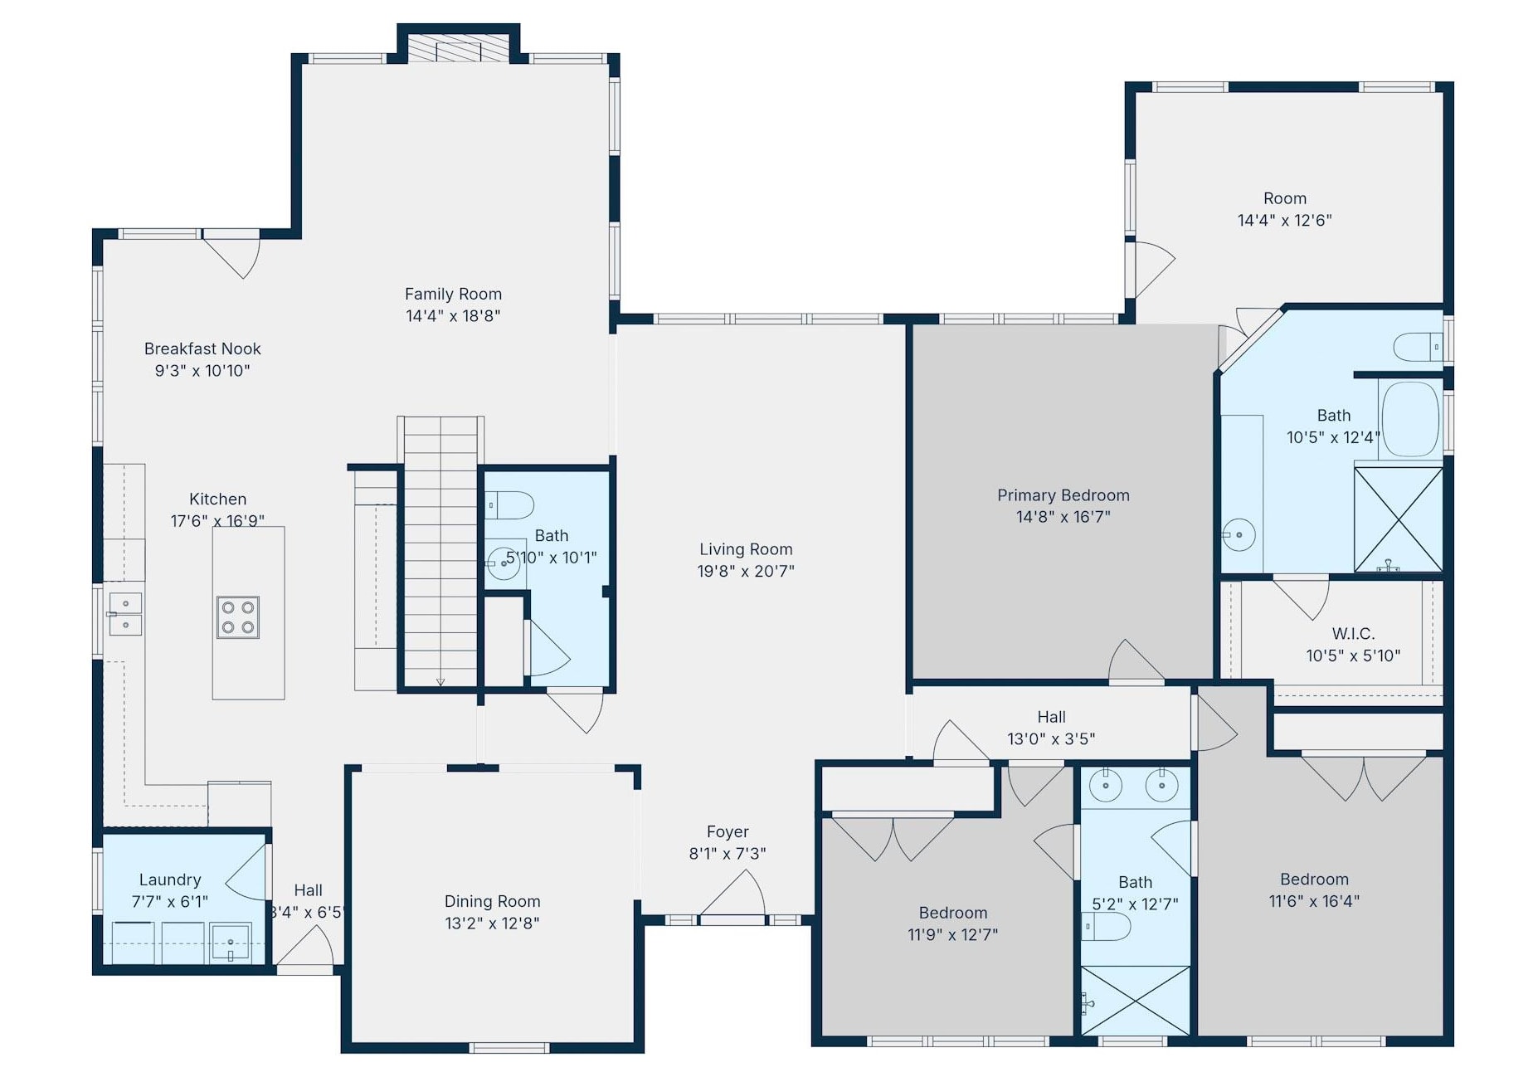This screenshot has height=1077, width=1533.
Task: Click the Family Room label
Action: (x=453, y=294)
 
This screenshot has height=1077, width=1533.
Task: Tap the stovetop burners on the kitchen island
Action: (x=237, y=617)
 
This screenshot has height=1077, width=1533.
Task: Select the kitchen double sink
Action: (x=125, y=614)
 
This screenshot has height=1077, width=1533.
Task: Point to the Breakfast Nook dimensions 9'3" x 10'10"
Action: (x=202, y=371)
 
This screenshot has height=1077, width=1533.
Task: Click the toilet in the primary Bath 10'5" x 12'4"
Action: (x=1418, y=347)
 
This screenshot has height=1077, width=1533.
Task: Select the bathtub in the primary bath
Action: (x=1410, y=419)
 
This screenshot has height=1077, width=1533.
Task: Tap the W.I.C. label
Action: (x=1353, y=634)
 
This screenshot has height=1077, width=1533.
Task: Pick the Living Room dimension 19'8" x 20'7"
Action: (x=745, y=571)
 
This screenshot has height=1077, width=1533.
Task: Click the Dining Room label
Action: (x=492, y=901)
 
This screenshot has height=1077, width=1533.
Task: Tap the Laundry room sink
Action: (x=231, y=943)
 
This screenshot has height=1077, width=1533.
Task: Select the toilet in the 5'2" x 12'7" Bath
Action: (x=1106, y=926)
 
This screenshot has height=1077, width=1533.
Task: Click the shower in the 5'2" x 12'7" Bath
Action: (x=1135, y=1001)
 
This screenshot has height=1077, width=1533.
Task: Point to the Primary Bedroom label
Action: (x=1063, y=495)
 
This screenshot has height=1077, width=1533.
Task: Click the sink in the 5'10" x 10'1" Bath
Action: (x=504, y=563)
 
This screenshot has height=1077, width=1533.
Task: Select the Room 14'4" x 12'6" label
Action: (x=1284, y=198)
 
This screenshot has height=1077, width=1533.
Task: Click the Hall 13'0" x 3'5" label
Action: (x=1051, y=717)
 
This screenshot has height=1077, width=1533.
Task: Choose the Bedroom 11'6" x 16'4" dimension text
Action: (x=1314, y=901)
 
